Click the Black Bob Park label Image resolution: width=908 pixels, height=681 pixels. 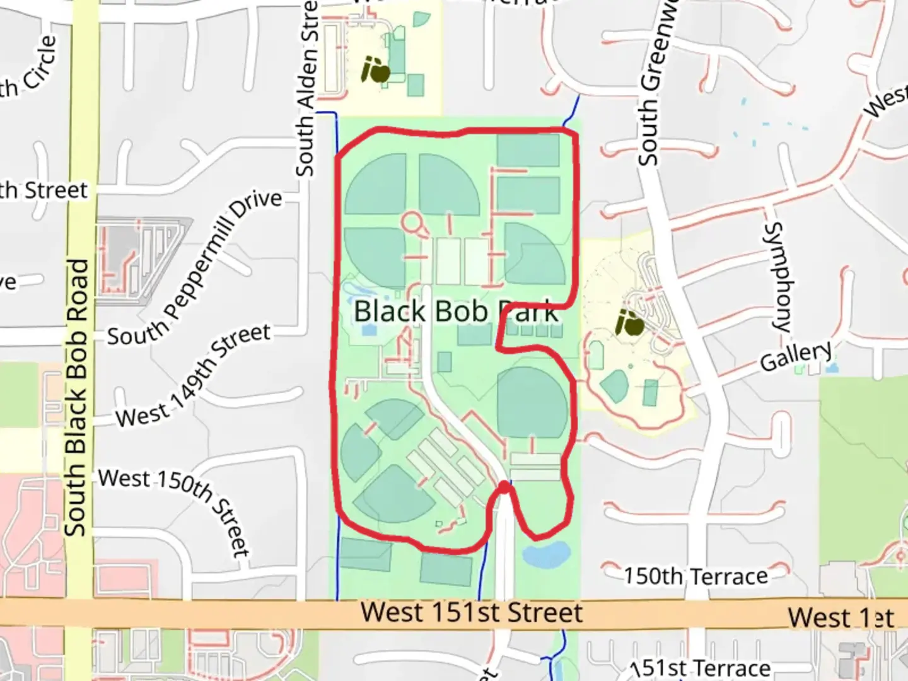(455, 311)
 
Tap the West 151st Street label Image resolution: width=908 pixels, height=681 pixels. (472, 613)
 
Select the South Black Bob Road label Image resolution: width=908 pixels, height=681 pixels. (76, 397)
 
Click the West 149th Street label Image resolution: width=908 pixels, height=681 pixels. (193, 376)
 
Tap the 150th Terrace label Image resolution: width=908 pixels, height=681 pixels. (696, 576)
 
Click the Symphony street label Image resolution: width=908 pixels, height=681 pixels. (781, 277)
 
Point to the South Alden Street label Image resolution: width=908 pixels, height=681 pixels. (306, 88)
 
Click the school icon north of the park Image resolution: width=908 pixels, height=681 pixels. (376, 70)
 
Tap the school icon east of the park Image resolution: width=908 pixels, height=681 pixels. (630, 323)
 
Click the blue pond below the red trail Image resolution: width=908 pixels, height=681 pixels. (546, 554)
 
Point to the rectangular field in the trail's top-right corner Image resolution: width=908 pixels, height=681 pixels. (528, 151)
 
